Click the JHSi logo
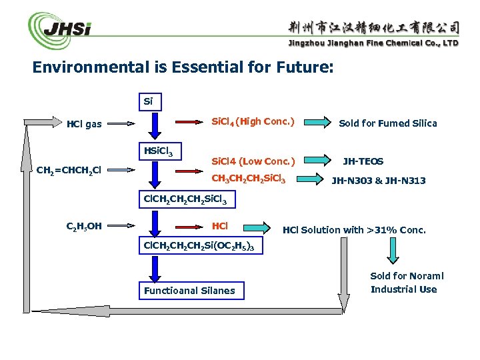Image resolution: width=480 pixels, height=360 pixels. [x=60, y=31]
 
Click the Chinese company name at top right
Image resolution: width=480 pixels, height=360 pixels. [x=373, y=27]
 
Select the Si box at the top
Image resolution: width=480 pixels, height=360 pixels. [x=148, y=102]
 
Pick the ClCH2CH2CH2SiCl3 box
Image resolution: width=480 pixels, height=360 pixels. [x=181, y=198]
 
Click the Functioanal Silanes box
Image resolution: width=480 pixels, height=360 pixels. [x=189, y=291]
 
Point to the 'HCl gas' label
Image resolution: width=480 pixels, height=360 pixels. [x=84, y=123]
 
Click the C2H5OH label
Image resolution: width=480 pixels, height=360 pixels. [x=84, y=226]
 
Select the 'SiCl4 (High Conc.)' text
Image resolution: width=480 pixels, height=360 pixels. [x=253, y=122]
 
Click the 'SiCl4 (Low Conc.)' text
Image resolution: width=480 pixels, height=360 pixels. [x=253, y=161]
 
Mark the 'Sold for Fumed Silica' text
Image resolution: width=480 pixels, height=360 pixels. [x=387, y=123]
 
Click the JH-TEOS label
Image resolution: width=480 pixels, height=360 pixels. [x=363, y=161]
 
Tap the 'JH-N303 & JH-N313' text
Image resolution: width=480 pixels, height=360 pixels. [x=379, y=181]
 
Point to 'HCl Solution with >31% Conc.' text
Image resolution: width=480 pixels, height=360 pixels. [x=353, y=231]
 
